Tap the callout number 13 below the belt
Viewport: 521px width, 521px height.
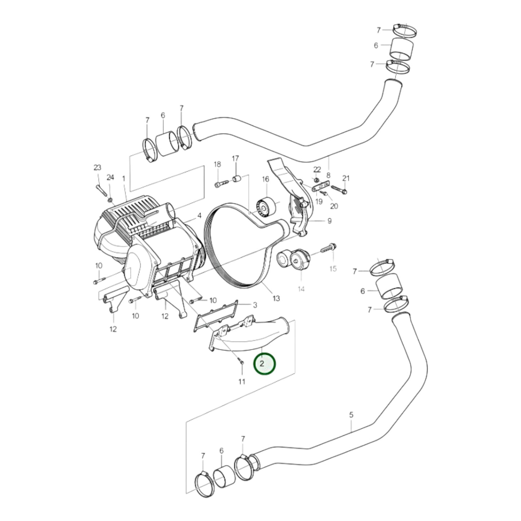click(276, 298)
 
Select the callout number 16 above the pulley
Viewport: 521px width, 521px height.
click(265, 179)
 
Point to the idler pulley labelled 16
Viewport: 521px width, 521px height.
click(265, 208)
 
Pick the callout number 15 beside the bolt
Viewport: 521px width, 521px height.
click(333, 269)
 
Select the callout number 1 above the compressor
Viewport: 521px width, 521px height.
click(124, 178)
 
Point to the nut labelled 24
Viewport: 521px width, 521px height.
click(110, 199)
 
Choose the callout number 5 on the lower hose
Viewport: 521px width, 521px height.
click(351, 415)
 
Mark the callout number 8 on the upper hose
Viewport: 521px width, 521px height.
click(328, 175)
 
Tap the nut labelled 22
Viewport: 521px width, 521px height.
click(316, 180)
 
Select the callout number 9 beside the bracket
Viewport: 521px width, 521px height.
click(329, 221)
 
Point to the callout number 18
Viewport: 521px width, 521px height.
click(217, 164)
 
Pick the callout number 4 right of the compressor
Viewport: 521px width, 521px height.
click(199, 216)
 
